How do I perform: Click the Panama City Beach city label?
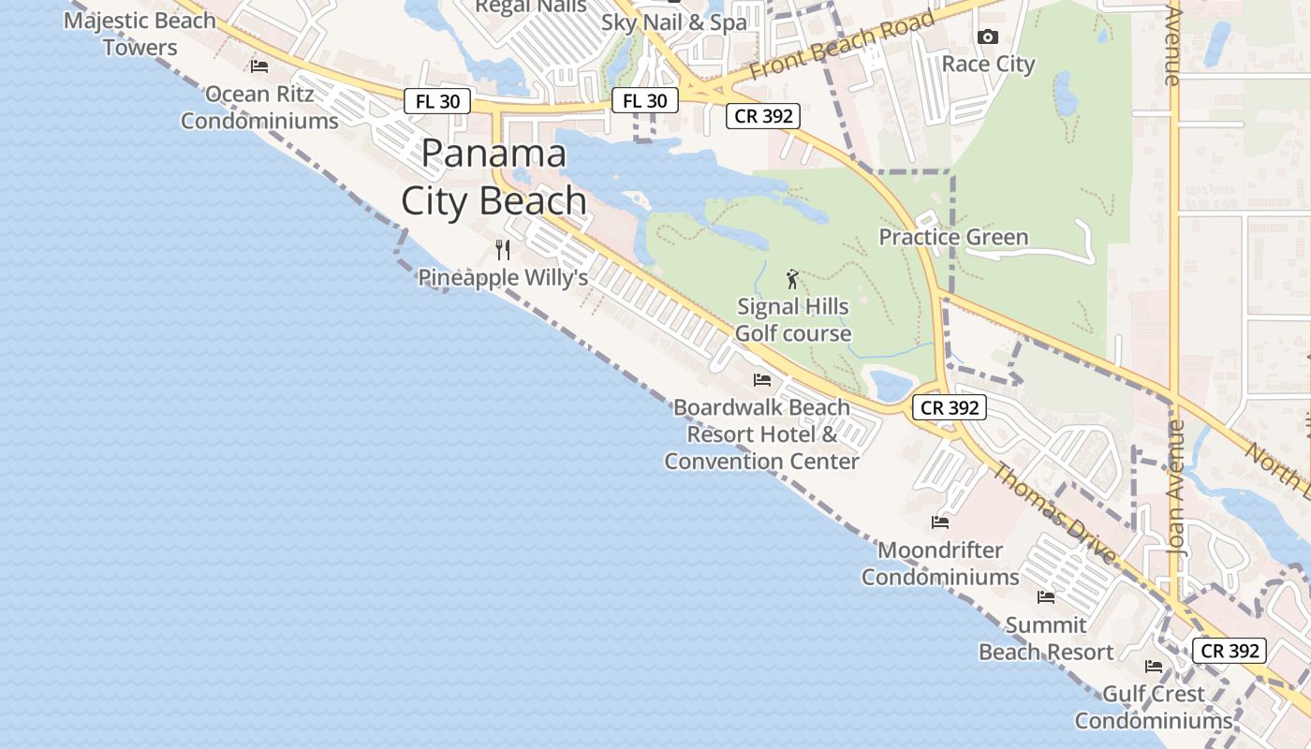493,177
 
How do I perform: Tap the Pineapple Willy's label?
503,278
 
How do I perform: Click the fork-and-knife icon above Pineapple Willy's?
503,250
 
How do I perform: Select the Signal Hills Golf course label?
793,319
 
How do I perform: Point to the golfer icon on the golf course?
793,279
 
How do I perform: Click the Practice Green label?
953,237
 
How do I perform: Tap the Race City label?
988,64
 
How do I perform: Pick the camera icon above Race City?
987,37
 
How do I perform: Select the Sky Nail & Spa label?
674,22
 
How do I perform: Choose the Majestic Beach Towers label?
140,34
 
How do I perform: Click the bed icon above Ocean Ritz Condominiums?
259,66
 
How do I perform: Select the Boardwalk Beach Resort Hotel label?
761,434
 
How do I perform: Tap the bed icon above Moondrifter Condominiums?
940,521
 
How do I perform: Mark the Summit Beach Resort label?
1046,639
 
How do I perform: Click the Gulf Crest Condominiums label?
1154,707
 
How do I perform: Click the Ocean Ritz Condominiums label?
259,108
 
